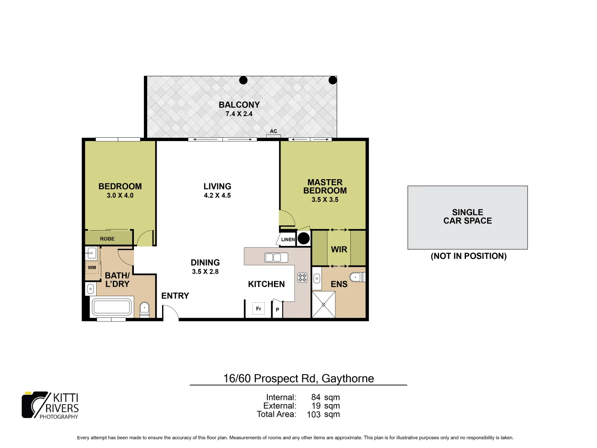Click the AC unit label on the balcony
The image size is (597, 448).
coord(274,131)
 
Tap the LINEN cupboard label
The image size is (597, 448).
coord(288,239)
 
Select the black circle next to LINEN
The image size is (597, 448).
coord(304,239)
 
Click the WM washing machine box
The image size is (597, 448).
coord(92,268)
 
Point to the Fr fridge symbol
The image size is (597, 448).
coord(259,309)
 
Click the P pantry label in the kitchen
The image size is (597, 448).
coord(277,310)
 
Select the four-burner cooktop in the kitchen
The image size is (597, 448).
coord(302,278)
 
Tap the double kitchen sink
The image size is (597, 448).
coord(276,258)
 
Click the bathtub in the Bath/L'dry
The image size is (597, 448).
coord(112,307)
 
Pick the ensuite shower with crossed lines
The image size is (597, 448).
coord(323,304)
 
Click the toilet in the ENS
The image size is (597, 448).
coord(357,277)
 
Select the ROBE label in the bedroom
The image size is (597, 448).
coord(107,239)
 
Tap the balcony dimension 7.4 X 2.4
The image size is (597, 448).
coord(239,114)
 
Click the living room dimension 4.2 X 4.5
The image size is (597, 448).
coord(217,195)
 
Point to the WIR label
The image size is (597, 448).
coord(339,249)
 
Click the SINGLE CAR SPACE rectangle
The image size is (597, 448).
coord(468,217)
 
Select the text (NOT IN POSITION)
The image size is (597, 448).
coord(468,256)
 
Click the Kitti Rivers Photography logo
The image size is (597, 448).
coord(50,405)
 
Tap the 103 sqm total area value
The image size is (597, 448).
coord(323,414)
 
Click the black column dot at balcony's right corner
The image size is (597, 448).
coord(332,80)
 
